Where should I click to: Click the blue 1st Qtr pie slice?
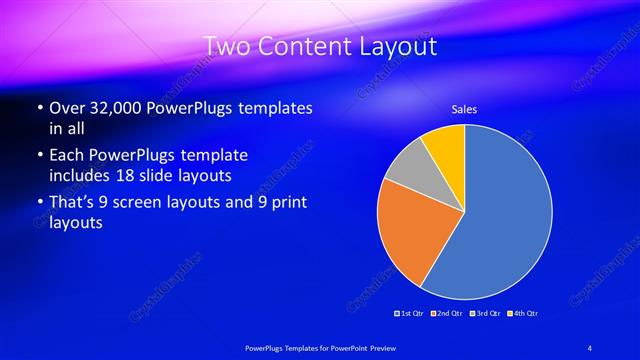coord(505,215)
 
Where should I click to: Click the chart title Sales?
coord(464,109)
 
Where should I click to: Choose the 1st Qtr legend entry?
coord(409,314)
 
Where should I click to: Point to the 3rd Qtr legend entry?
coord(486,314)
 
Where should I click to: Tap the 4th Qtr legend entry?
coord(524,314)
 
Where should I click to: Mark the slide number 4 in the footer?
coord(590,347)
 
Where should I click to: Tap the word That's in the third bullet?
coord(73,203)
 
